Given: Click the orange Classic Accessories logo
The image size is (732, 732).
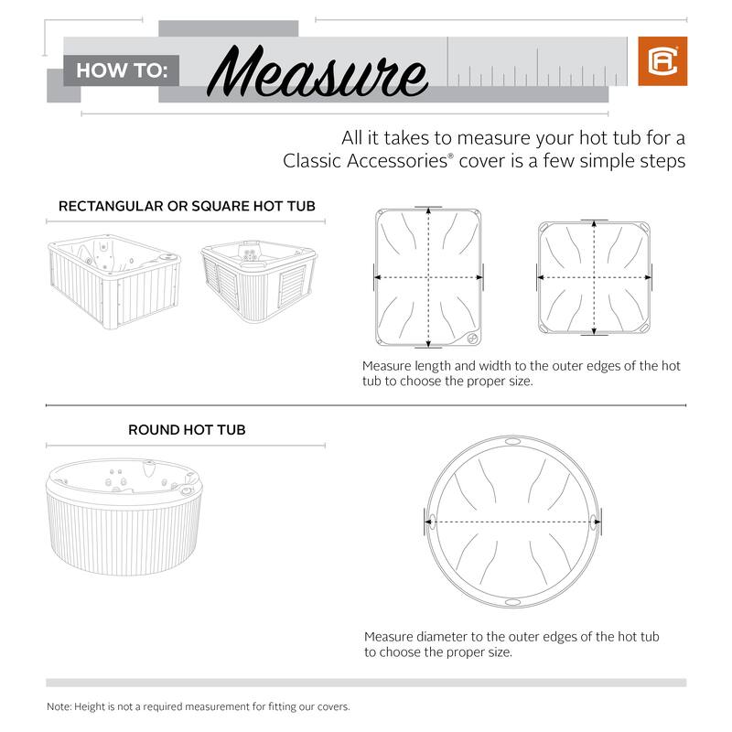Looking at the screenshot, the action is click(x=662, y=61).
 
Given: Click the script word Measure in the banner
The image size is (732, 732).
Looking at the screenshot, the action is click(x=318, y=72).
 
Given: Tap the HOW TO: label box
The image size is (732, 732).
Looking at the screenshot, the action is click(x=122, y=70).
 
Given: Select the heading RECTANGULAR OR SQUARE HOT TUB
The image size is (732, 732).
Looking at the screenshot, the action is click(x=187, y=206).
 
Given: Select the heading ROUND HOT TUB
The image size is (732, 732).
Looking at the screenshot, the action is click(x=187, y=429).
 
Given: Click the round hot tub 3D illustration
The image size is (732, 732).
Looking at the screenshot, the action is click(x=124, y=517).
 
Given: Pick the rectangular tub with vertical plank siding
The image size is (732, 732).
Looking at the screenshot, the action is click(x=114, y=281).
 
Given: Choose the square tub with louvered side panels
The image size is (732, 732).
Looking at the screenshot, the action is click(x=259, y=281).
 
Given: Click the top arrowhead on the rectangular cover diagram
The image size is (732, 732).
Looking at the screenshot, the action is click(x=428, y=211).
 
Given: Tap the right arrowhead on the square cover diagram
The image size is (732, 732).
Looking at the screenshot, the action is click(x=648, y=277).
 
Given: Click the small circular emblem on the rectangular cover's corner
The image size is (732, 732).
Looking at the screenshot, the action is click(x=472, y=338).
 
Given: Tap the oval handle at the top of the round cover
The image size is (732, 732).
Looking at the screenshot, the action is click(x=512, y=441).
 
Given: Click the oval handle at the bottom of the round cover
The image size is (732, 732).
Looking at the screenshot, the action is click(x=512, y=602).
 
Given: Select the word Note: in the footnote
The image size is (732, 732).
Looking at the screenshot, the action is click(x=59, y=706).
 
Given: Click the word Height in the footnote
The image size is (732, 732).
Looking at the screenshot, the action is click(x=90, y=706).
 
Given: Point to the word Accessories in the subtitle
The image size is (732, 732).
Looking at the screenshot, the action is click(x=400, y=161).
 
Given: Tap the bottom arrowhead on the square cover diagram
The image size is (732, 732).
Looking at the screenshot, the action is click(x=594, y=331).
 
